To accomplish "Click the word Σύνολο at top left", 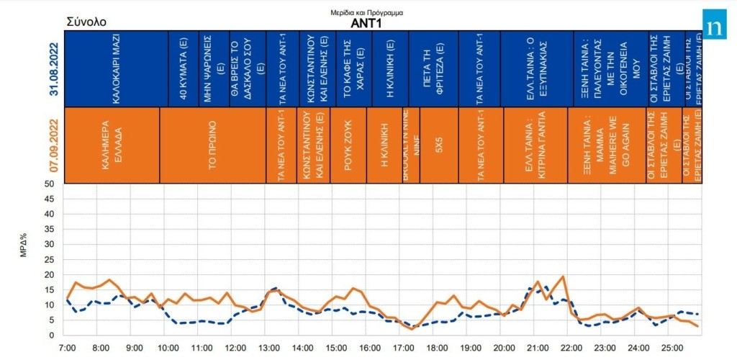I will [x=86, y=22].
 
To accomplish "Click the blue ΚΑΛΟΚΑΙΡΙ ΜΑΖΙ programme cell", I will [x=115, y=69].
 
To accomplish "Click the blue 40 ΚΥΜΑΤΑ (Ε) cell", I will [x=183, y=69].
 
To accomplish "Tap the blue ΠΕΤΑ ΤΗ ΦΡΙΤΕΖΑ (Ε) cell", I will [x=433, y=69].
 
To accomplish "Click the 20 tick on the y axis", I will [x=50, y=275].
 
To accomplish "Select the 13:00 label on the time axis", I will [x=269, y=348].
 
